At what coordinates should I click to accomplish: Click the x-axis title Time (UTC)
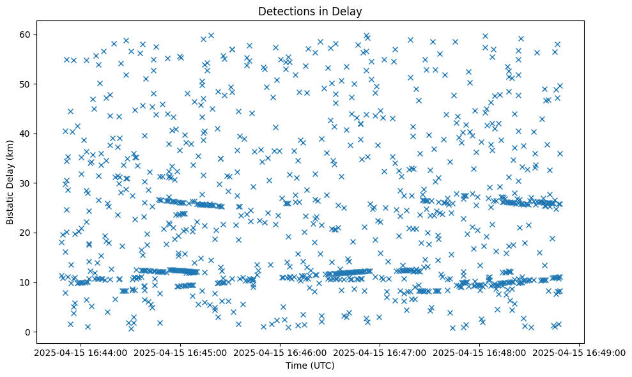[x=310, y=366]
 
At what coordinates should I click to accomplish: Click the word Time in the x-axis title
[x=296, y=366]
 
